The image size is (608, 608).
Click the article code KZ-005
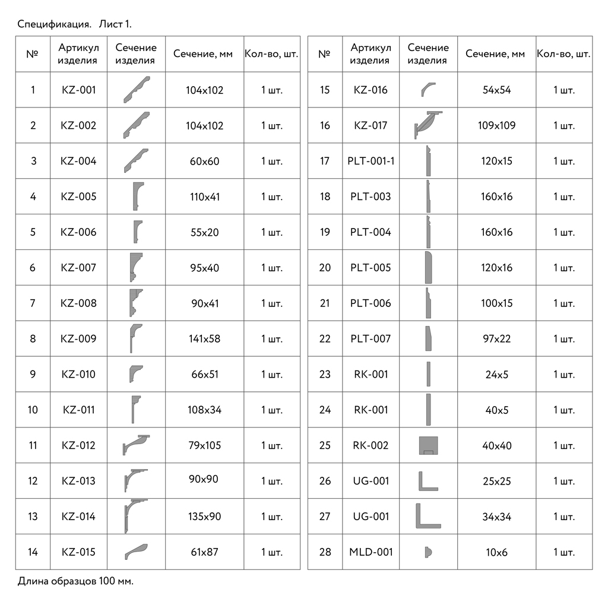(x=78, y=197)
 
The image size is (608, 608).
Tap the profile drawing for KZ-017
(x=429, y=125)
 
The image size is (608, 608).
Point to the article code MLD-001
(x=370, y=552)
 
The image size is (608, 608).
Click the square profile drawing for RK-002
(x=428, y=445)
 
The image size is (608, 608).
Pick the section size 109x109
(x=496, y=125)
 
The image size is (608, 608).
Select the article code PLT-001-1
(x=370, y=161)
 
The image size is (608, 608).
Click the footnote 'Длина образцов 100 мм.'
(x=75, y=581)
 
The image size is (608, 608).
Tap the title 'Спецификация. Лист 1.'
(x=74, y=24)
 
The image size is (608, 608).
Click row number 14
(x=33, y=552)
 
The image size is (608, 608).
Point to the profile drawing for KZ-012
(x=136, y=445)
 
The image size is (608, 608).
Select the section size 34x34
(x=496, y=517)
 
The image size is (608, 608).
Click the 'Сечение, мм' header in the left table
(x=203, y=54)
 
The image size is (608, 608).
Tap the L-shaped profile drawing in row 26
(x=427, y=481)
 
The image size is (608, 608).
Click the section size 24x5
(x=496, y=375)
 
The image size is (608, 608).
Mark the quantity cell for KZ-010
(x=272, y=375)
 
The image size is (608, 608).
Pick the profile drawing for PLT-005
(x=428, y=267)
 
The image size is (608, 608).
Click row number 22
(x=325, y=339)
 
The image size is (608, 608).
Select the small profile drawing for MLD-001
(x=427, y=552)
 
